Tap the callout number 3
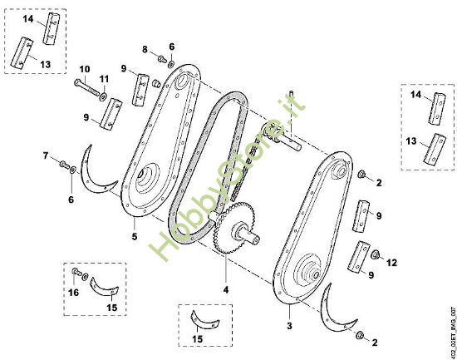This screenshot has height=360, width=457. pyautogui.click(x=288, y=308)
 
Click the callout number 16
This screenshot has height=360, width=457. pyautogui.click(x=73, y=293)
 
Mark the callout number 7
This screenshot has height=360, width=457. pyautogui.click(x=46, y=155)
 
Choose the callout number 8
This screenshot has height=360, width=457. pyautogui.click(x=144, y=50)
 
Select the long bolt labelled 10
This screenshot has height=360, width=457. pyautogui.click(x=86, y=88)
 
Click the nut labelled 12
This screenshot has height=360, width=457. pyautogui.click(x=374, y=254)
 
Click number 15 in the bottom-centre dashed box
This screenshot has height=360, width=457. pyautogui.click(x=196, y=339)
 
